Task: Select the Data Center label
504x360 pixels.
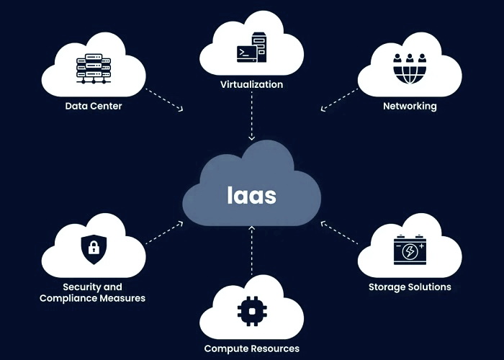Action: point(94,107)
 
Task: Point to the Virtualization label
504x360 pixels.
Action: point(251,85)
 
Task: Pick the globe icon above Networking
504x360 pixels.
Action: point(410,69)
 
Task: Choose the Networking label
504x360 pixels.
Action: point(410,107)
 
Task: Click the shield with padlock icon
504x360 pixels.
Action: point(93,249)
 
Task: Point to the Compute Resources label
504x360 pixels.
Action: point(251,348)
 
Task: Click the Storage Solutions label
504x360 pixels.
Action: point(410,287)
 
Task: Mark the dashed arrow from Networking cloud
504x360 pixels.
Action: point(339,99)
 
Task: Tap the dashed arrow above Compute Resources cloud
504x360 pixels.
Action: point(251,252)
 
